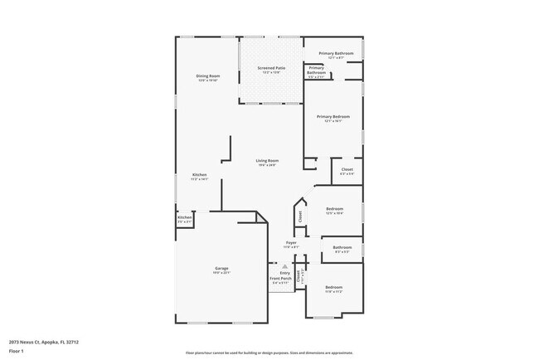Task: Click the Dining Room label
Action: coord(207,76)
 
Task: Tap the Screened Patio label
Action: coord(270,69)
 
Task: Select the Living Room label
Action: coord(267,160)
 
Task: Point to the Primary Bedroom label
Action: coord(333,117)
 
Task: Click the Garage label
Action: coord(222,268)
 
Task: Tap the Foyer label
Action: coord(291,243)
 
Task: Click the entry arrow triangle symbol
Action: coord(284,266)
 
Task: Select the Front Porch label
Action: coord(279,278)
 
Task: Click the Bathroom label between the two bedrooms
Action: coord(342,247)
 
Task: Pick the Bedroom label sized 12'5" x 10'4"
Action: coord(334,208)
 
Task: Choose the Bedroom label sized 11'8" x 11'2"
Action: coord(333,286)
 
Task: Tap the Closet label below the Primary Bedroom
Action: coord(347,169)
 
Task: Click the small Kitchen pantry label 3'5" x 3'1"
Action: coord(184,218)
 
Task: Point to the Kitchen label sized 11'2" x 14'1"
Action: coord(200,174)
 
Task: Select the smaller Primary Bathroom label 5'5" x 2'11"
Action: coord(317,70)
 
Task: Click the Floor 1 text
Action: coord(16,351)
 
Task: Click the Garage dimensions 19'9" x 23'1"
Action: coord(222,272)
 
